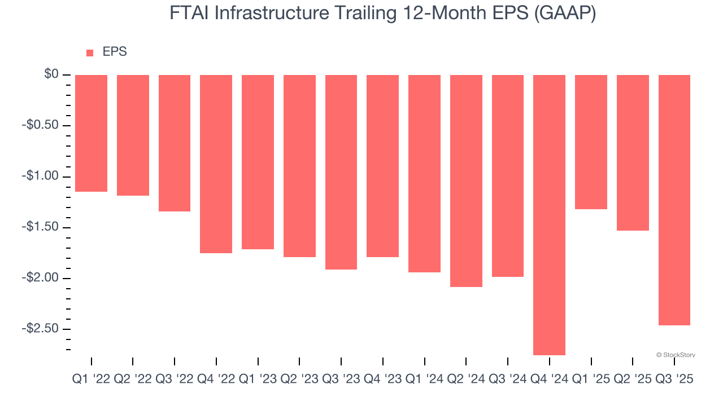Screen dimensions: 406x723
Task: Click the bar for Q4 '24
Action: (x=549, y=215)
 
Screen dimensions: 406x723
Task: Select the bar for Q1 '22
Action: (x=91, y=133)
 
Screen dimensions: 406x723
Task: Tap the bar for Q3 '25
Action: (x=674, y=200)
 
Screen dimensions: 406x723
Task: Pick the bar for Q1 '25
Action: (x=591, y=142)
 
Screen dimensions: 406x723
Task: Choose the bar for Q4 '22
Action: (x=216, y=164)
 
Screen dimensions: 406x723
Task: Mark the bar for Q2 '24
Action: (x=466, y=180)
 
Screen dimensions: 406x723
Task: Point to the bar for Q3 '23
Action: (x=341, y=172)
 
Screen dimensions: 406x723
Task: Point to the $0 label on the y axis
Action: (x=51, y=74)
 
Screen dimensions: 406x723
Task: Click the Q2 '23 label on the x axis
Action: (x=299, y=379)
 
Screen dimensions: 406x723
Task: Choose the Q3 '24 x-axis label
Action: (x=508, y=379)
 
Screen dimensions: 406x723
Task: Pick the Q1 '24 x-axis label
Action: (x=424, y=379)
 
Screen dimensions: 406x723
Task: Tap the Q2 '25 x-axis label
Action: (x=633, y=379)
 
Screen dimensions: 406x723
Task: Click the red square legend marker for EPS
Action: (x=90, y=53)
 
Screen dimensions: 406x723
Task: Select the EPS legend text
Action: (x=115, y=52)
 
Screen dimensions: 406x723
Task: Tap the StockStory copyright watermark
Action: (x=676, y=355)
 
